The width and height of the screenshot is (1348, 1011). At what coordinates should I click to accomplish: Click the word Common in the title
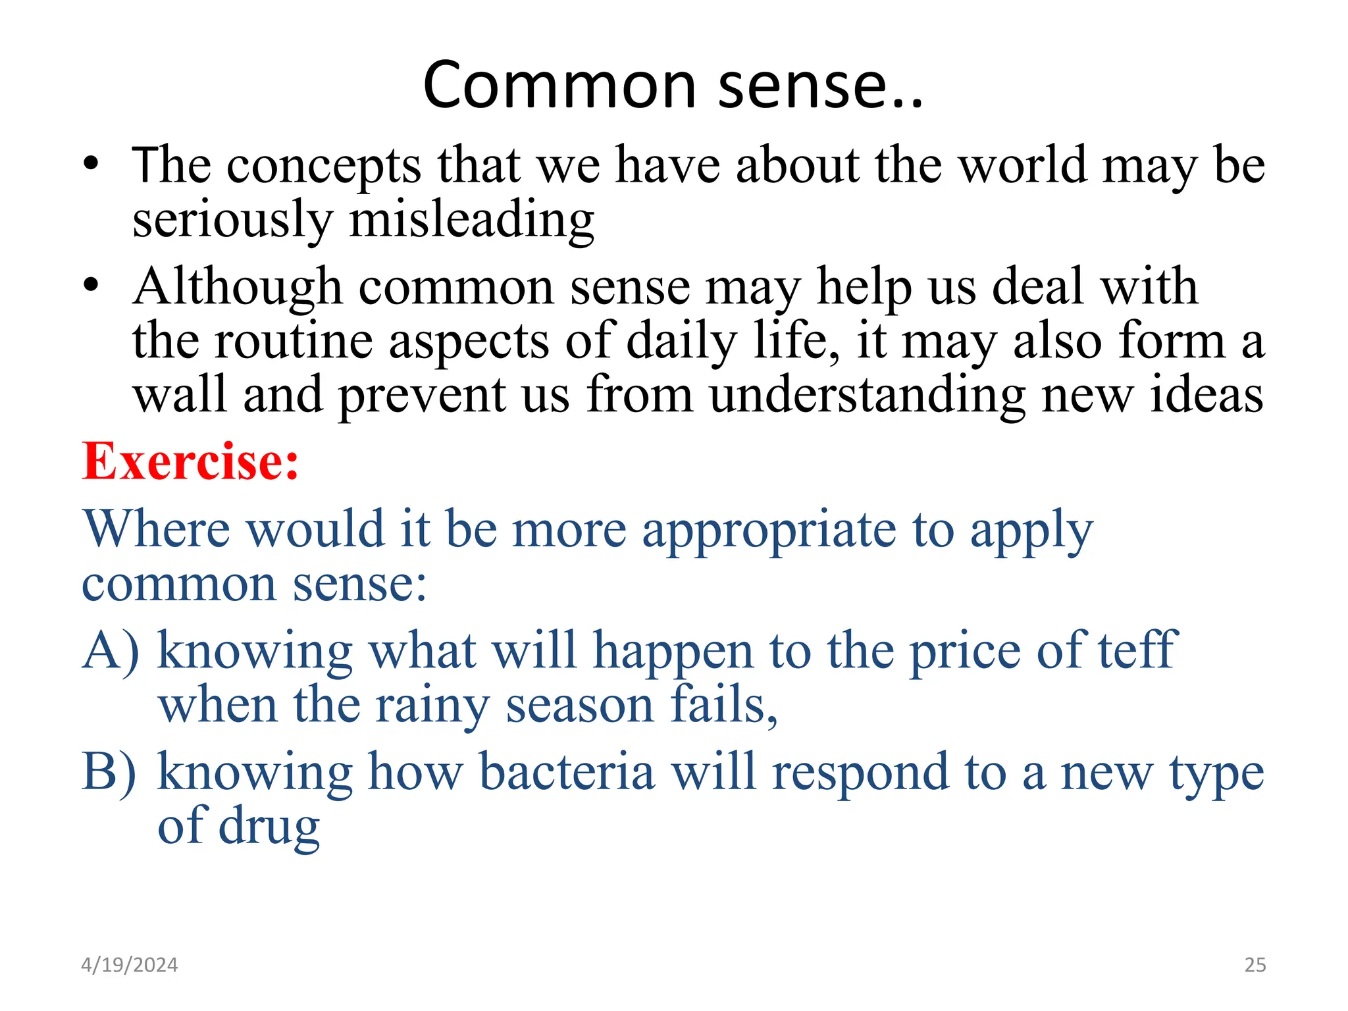pos(559,86)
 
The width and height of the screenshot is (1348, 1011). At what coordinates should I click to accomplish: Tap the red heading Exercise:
pos(190,461)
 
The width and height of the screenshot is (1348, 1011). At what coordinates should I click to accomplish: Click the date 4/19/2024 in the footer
pos(129,965)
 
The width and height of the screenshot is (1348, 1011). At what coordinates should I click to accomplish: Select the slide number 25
pos(1255,965)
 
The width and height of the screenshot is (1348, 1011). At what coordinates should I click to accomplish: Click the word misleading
pos(471,220)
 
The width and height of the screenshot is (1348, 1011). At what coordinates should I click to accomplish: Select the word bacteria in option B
pos(567,771)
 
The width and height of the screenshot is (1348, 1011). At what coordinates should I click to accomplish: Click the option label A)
pos(111,650)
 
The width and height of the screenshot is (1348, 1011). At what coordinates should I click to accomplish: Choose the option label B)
pos(109,771)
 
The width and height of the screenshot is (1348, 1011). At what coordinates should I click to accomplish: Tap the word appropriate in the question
pos(769,531)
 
